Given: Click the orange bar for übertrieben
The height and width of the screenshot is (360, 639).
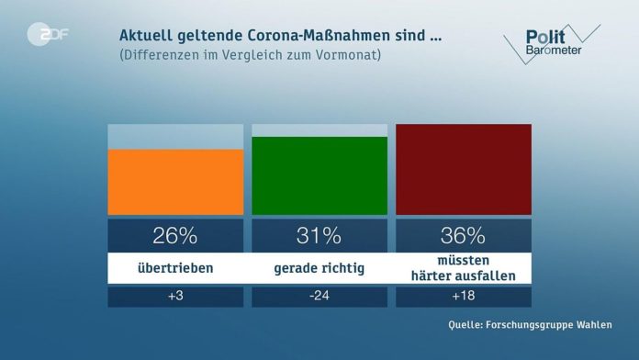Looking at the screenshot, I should (175, 182).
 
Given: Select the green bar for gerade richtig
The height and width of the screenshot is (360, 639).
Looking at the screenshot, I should (319, 175).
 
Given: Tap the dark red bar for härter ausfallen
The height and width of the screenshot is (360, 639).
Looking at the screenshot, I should (463, 169).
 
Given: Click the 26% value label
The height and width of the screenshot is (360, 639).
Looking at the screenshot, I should (175, 235).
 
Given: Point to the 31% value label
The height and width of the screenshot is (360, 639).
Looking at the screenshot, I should (319, 235).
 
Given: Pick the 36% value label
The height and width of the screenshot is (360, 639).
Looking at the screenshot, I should (463, 235).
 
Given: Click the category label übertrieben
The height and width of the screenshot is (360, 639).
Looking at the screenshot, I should (175, 268).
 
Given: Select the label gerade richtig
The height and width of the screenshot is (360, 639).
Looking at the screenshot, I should (319, 268).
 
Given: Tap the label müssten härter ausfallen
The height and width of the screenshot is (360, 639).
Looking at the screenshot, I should (463, 268).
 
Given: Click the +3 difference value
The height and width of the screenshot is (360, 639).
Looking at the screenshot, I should (175, 298).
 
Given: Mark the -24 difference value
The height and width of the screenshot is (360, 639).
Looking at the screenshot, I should (319, 298).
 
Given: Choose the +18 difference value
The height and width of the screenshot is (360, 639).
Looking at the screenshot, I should (463, 298).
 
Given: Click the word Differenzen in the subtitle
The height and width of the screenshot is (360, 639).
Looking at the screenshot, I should (161, 55).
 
